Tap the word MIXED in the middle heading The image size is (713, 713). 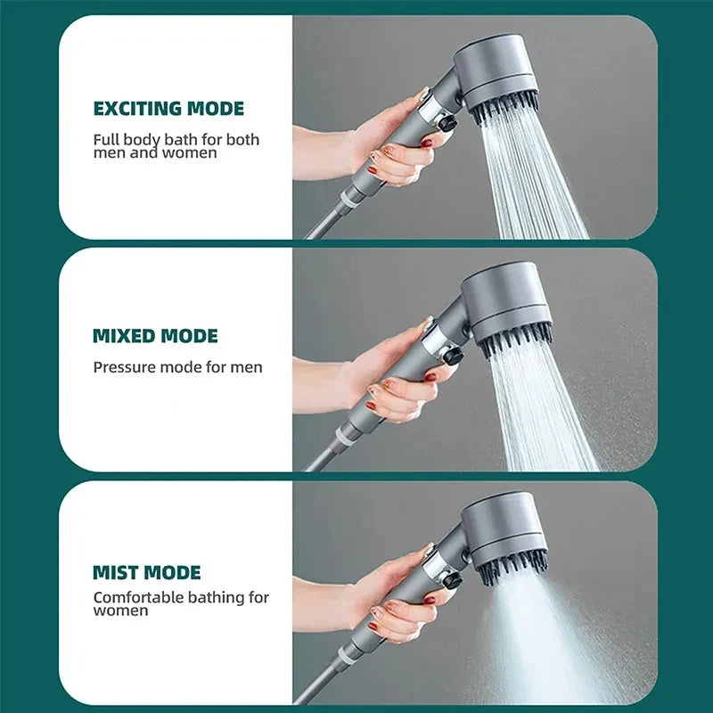point(124,336)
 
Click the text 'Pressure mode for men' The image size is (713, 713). point(177,366)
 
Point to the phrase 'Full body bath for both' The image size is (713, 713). point(176,139)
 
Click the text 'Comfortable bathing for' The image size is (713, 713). point(181,597)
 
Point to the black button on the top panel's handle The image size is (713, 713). point(447,124)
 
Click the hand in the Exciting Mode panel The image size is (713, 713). point(392,147)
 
